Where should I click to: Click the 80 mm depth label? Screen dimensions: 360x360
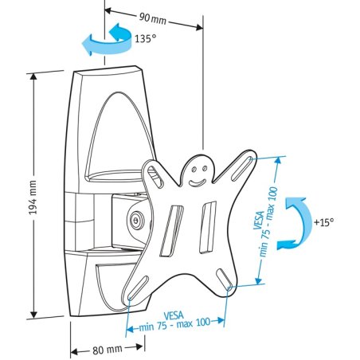coord(106,349)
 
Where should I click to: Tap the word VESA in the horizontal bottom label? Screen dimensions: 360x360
coord(174,315)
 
